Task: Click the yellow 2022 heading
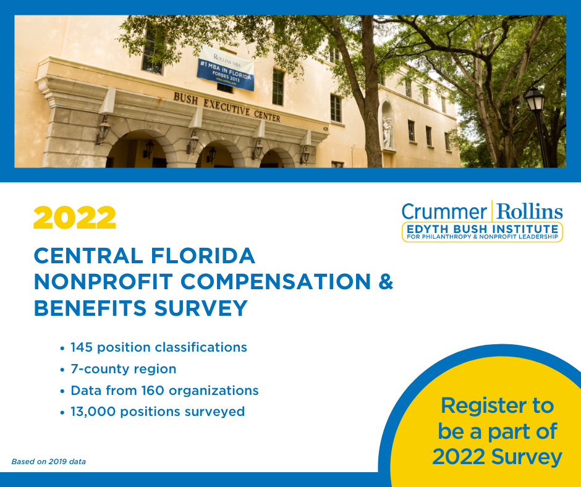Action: point(74,218)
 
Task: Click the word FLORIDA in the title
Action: point(203,255)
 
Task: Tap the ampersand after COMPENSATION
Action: point(386,281)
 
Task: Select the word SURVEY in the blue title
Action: point(201,308)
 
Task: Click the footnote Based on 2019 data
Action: point(49,462)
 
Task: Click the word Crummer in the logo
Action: point(444,211)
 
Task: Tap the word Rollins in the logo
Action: point(530,211)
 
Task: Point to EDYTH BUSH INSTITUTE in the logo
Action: point(483,229)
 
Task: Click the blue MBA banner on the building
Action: point(226,68)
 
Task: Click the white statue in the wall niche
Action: point(387,132)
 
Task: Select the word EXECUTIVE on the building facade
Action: point(226,108)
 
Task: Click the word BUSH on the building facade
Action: point(185,98)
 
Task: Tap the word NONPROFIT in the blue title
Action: point(103,282)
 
